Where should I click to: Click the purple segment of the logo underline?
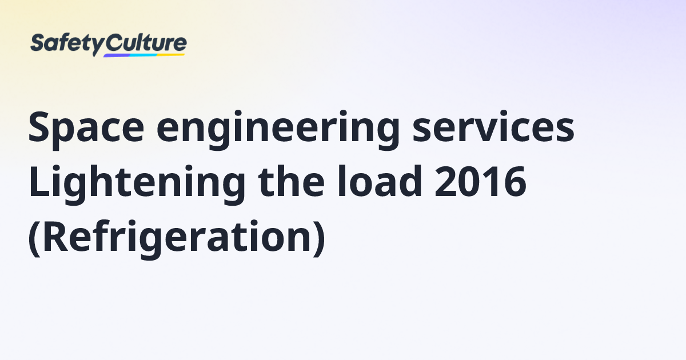117,55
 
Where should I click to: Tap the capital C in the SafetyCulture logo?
114,43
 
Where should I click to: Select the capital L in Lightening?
38,182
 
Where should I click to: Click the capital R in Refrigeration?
55,234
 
